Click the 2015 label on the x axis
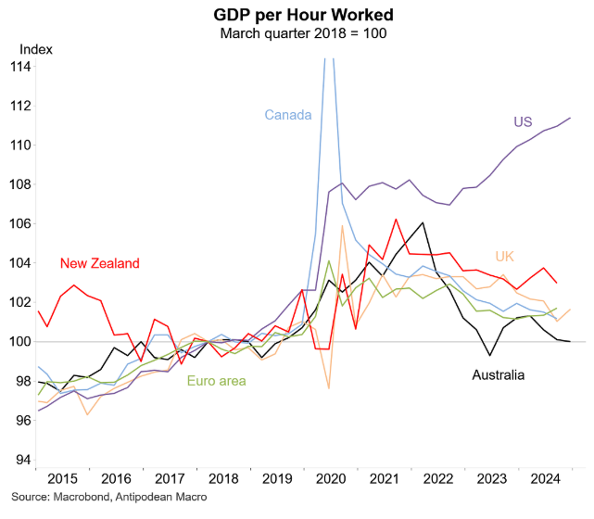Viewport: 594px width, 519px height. tap(62, 480)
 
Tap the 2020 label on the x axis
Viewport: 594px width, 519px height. tap(331, 480)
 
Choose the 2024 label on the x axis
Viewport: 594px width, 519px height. tap(545, 480)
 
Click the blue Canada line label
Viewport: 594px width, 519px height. tap(287, 115)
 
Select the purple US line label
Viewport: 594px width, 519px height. tap(524, 121)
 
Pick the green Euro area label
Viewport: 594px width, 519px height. tap(218, 380)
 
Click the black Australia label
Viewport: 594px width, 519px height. tap(499, 375)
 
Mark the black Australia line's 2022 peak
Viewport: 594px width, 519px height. tap(423, 222)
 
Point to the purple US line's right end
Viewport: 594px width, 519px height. tap(570, 118)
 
